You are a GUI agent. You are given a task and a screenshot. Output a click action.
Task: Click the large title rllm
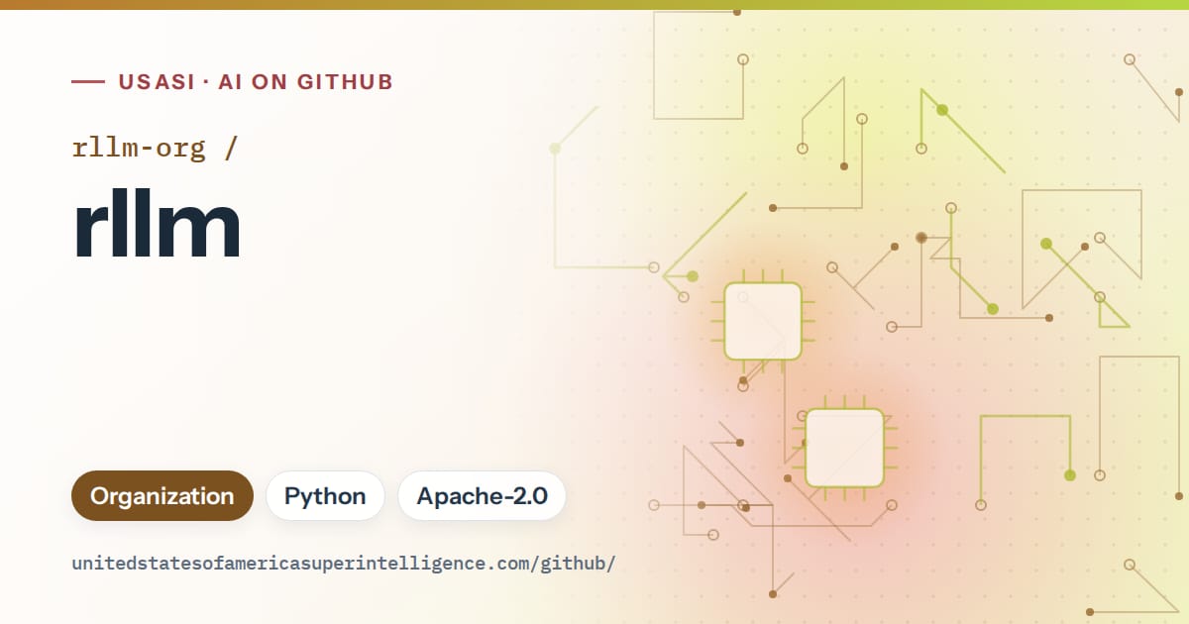coord(158,223)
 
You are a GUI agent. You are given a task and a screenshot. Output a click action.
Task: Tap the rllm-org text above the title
coord(139,148)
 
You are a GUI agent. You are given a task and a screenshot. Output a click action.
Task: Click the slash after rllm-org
coord(231,148)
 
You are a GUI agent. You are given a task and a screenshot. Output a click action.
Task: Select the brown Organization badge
coord(162,495)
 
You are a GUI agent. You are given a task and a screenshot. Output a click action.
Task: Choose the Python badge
coord(325,495)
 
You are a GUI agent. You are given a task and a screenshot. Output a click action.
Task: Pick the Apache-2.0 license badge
coord(482,495)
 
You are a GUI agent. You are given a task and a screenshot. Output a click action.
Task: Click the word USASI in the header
coord(158,82)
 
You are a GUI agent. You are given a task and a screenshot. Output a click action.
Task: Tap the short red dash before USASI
coord(88,81)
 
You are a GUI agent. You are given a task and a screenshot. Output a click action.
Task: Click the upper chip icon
coord(763,321)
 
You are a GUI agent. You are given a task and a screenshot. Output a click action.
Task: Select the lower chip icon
coord(844,448)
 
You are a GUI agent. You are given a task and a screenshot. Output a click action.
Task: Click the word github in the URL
coord(575,564)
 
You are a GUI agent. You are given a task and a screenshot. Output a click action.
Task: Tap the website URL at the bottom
coord(344,564)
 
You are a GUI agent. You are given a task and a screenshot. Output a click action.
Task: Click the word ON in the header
coord(270,82)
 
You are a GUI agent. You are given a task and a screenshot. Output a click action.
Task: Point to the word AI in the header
coord(230,82)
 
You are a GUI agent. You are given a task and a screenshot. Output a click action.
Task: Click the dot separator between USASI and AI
coord(206,82)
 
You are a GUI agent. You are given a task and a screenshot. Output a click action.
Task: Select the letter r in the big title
coord(88,230)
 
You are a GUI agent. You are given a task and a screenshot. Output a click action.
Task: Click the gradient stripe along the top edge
coord(594,5)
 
